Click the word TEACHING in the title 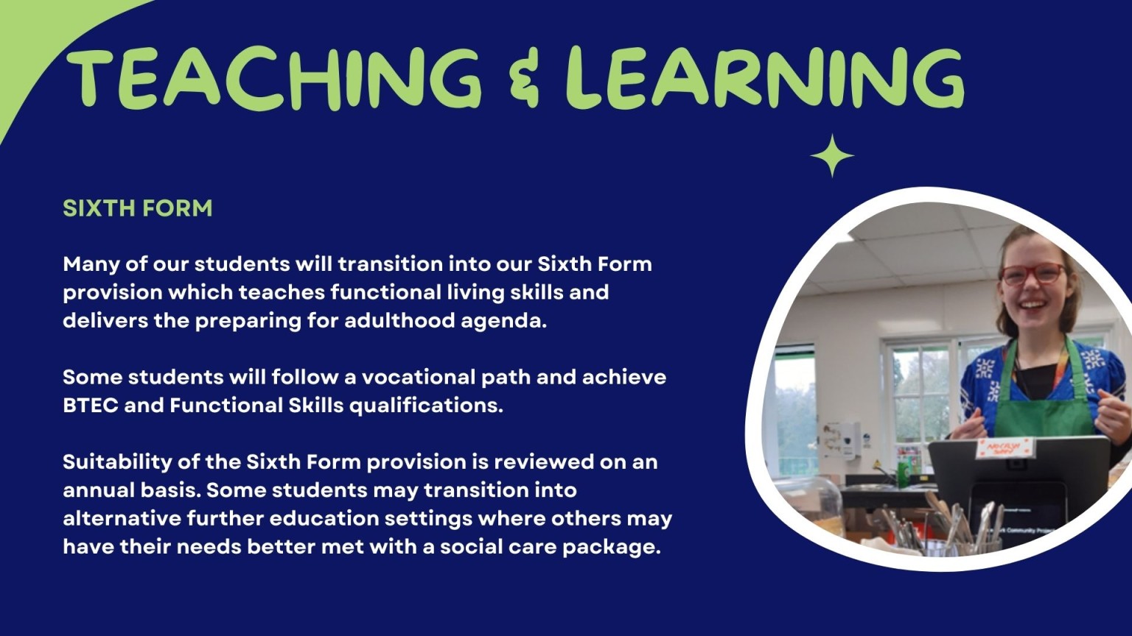pyautogui.click(x=274, y=78)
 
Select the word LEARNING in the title pyautogui.click(x=764, y=78)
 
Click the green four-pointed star pyautogui.click(x=832, y=155)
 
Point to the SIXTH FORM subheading pyautogui.click(x=138, y=208)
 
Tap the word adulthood pyautogui.click(x=399, y=320)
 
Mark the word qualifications pyautogui.click(x=426, y=406)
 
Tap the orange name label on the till pyautogui.click(x=1004, y=448)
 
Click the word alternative pyautogui.click(x=122, y=518)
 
